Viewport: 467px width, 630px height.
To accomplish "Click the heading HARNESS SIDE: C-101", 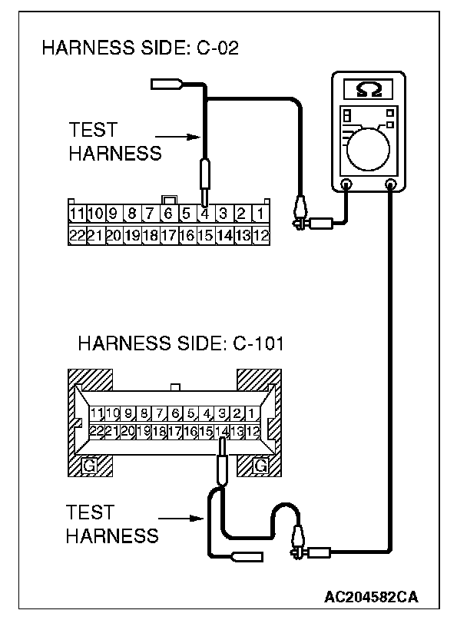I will point(181,343).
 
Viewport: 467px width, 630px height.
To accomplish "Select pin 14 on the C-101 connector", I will point(224,432).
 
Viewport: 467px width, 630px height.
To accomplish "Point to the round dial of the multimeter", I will point(370,148).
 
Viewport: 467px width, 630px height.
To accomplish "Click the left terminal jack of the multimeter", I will point(346,184).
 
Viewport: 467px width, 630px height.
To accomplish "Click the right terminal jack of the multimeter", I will point(392,184).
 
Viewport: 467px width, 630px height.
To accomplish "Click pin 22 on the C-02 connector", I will point(77,236).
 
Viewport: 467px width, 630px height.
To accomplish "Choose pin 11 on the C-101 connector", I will point(97,415).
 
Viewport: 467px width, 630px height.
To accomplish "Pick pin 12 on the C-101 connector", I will point(253,432).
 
